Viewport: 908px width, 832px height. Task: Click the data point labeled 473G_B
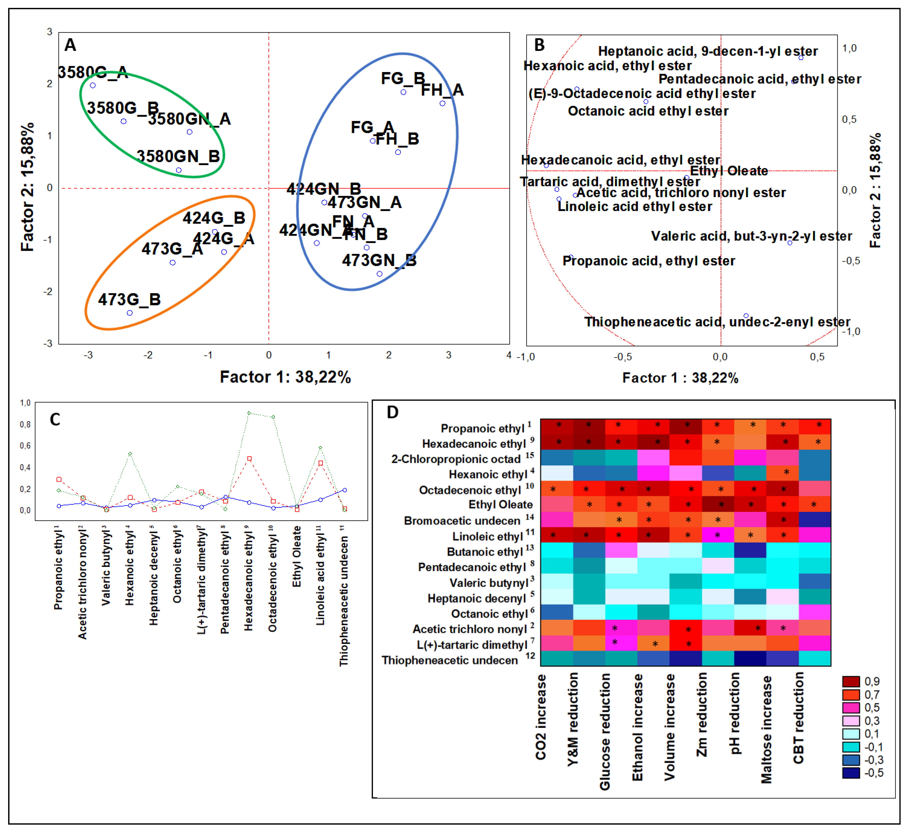pyautogui.click(x=130, y=313)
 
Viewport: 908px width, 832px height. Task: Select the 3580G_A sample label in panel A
pyautogui.click(x=93, y=72)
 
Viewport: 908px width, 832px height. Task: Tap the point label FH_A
pyautogui.click(x=442, y=90)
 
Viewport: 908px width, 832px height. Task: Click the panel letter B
pyautogui.click(x=539, y=45)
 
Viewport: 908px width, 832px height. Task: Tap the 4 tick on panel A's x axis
pyautogui.click(x=509, y=355)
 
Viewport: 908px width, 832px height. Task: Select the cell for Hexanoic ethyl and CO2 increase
pyautogui.click(x=557, y=473)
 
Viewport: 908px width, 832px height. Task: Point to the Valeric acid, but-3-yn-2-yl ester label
pyautogui.click(x=751, y=236)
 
